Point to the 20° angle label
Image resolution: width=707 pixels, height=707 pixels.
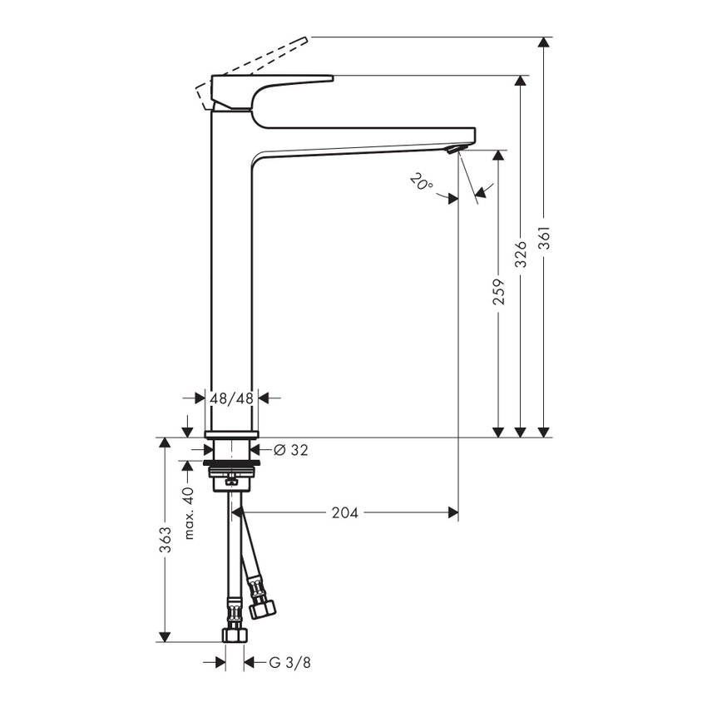click(421, 181)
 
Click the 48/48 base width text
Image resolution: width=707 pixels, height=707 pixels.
click(231, 398)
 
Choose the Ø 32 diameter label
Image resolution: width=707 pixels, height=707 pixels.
click(290, 450)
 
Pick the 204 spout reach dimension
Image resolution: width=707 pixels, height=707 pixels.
click(344, 513)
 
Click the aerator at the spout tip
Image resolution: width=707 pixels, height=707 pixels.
click(452, 150)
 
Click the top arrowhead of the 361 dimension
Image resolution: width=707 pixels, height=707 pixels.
click(544, 44)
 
